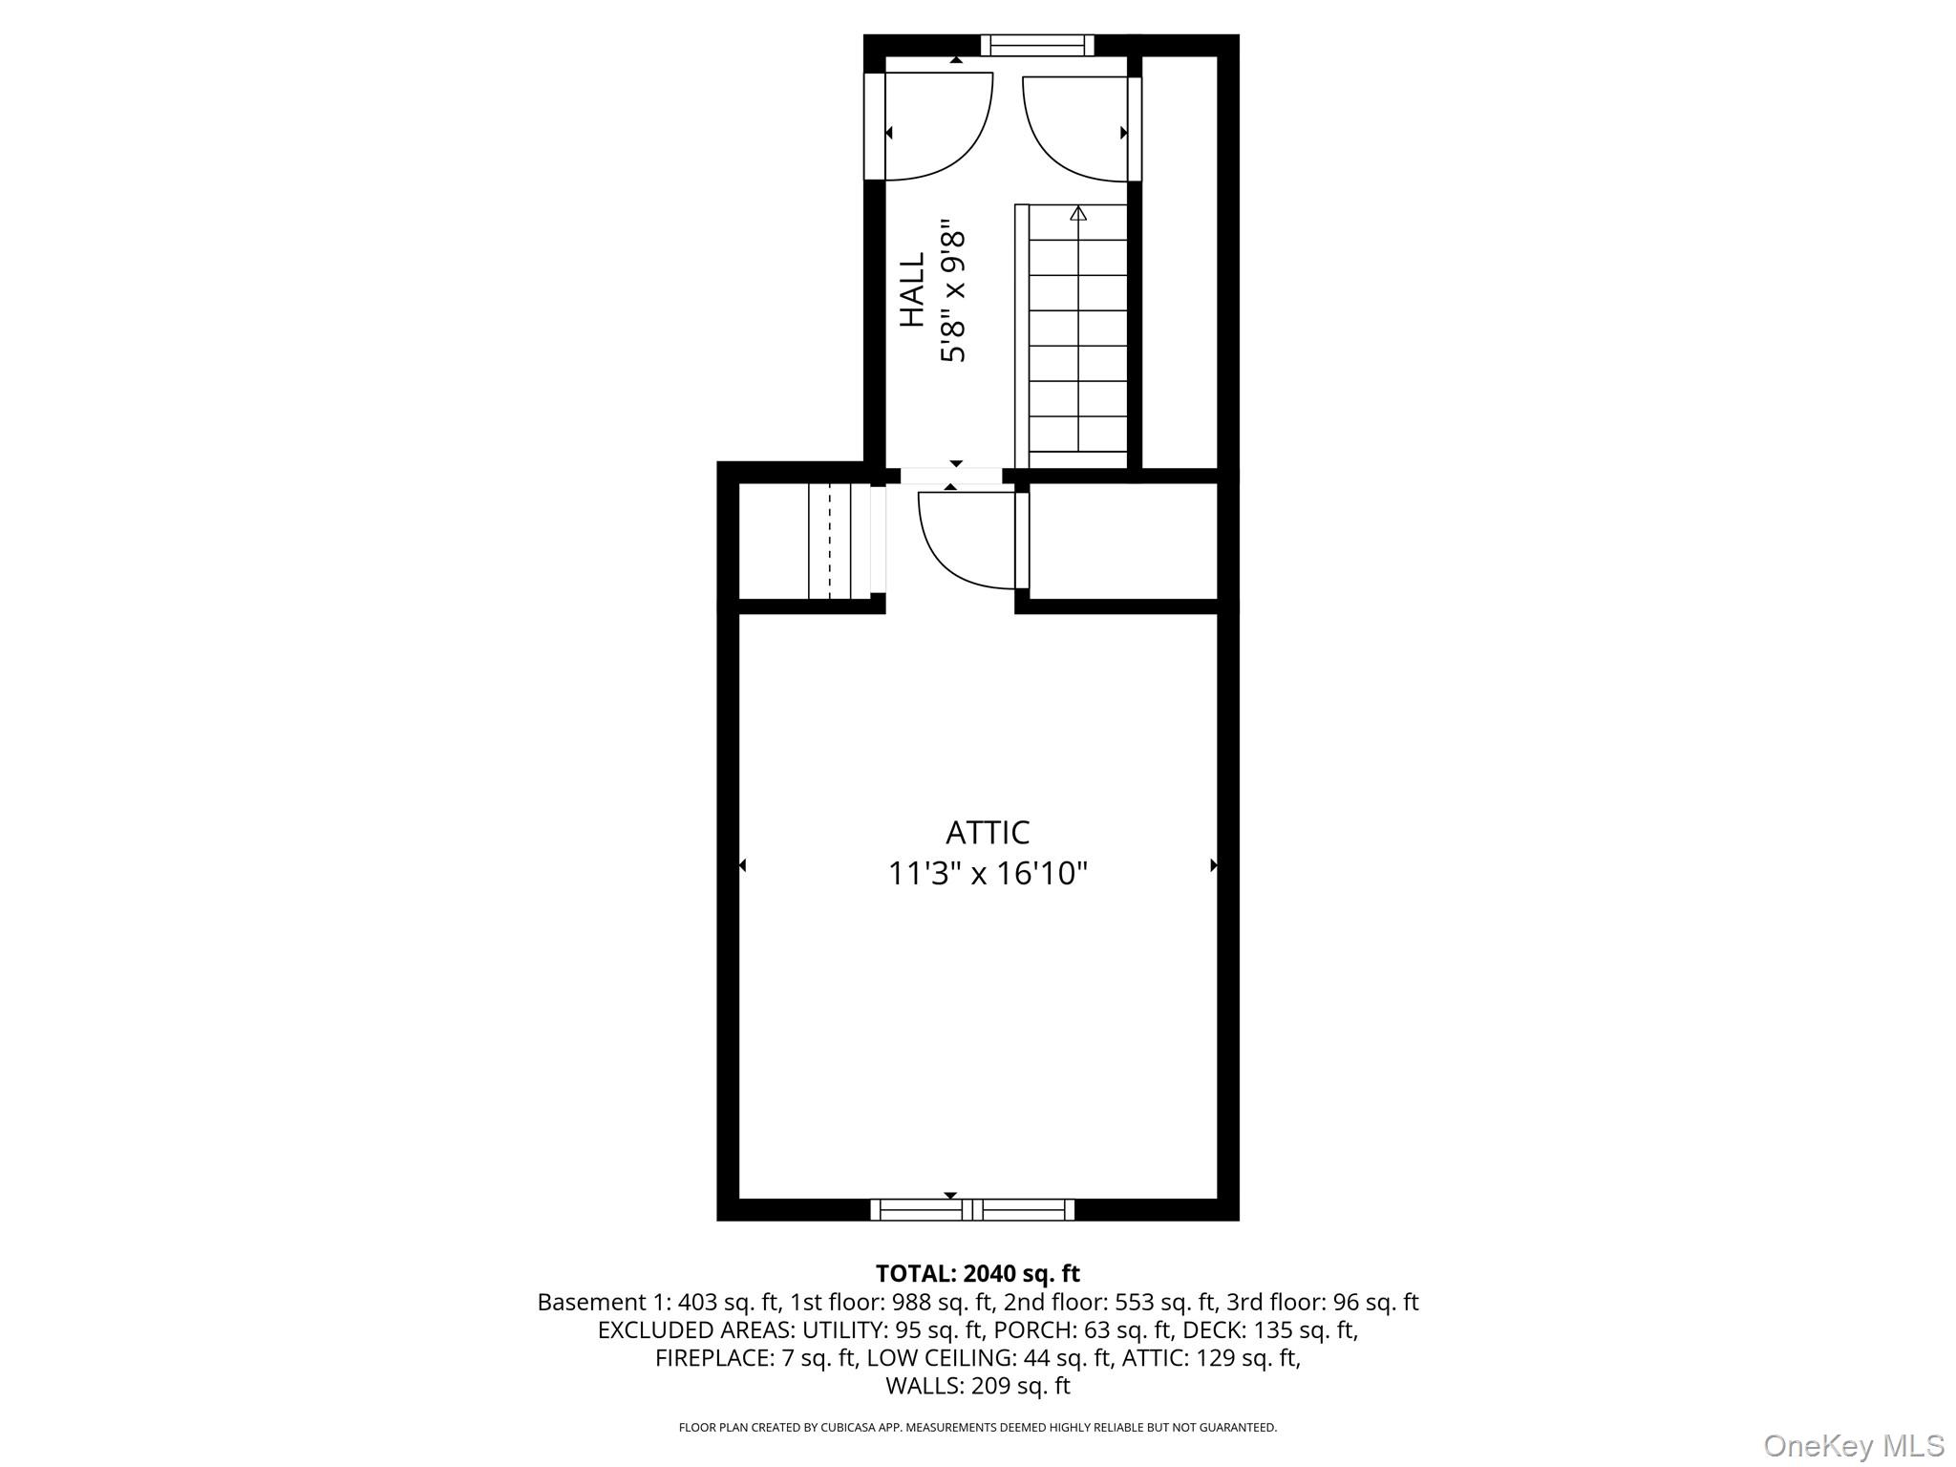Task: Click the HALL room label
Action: [x=914, y=290]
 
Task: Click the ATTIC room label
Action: [x=988, y=833]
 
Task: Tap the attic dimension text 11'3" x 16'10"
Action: [x=988, y=874]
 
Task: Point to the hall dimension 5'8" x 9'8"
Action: [x=954, y=296]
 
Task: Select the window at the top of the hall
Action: [x=1037, y=45]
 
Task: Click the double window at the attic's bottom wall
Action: [x=972, y=1209]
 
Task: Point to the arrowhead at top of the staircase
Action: [x=1078, y=213]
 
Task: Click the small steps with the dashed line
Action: [x=829, y=541]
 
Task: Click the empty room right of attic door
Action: [x=1123, y=541]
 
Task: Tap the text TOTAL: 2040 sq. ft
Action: [x=977, y=1273]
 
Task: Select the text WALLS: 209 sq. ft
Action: [x=977, y=1386]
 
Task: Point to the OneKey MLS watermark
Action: [x=1853, y=1446]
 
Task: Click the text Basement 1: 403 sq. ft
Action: [x=659, y=1302]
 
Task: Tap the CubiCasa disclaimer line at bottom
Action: [x=977, y=1428]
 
